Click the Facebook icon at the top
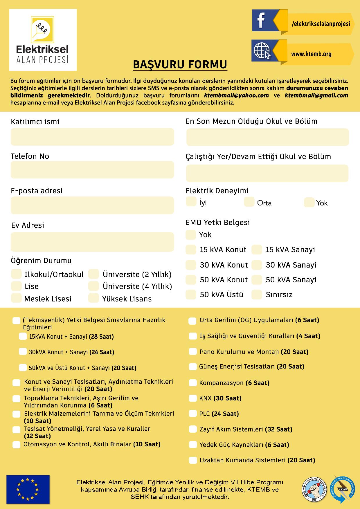click(x=261, y=20)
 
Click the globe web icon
click(x=262, y=51)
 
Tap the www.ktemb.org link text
click(x=311, y=54)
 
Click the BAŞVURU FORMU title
click(x=180, y=65)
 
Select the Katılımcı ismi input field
click(x=92, y=137)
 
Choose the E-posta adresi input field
click(x=92, y=205)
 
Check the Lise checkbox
click(x=16, y=286)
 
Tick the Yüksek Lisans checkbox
click(x=93, y=298)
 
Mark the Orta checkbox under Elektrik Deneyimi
click(x=249, y=202)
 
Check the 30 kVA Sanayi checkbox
click(x=257, y=265)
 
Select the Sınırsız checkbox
click(x=257, y=295)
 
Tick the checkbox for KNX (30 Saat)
click(x=193, y=398)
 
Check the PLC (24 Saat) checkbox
click(x=193, y=414)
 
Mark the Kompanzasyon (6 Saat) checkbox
click(x=193, y=383)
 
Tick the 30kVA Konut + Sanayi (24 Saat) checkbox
click(x=23, y=352)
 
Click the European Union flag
click(x=28, y=489)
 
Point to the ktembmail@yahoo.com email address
click(x=236, y=95)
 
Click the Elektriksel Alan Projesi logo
click(x=43, y=40)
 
